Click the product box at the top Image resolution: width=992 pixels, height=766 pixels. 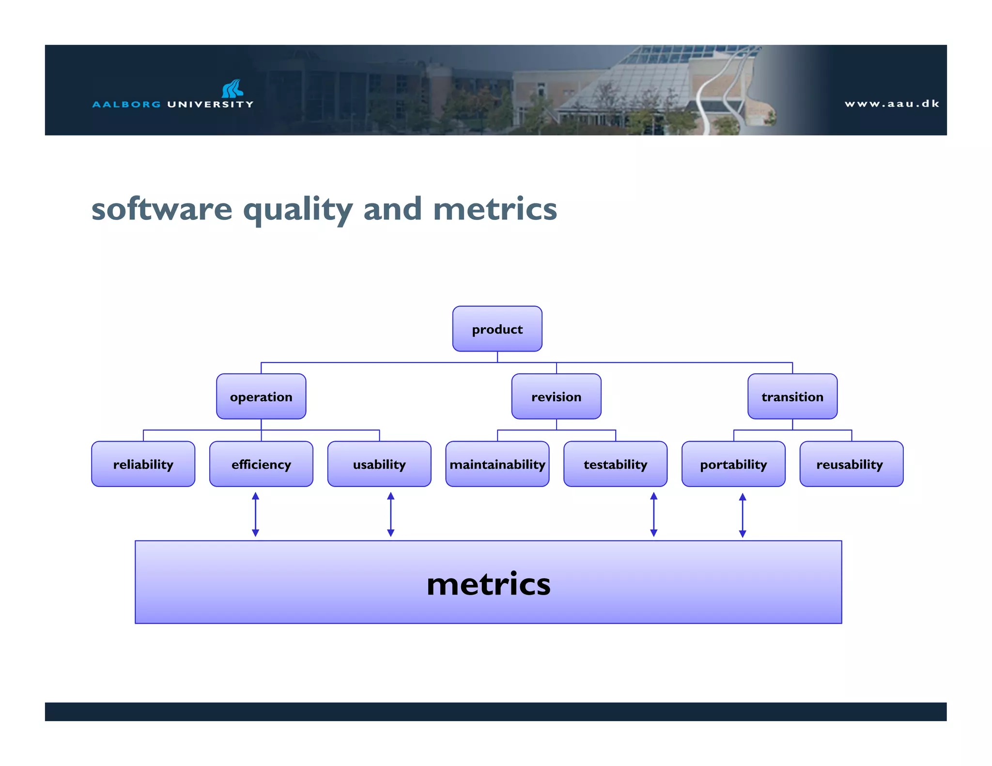[x=497, y=329]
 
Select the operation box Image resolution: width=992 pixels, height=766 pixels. [x=261, y=397]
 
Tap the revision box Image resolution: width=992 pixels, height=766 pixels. [x=556, y=397]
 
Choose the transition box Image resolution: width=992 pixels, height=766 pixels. [x=792, y=397]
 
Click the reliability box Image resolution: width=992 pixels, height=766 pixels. [x=143, y=464]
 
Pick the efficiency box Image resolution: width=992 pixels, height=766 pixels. [x=261, y=464]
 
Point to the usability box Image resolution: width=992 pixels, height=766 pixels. [x=379, y=464]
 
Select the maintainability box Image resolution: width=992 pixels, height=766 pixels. [x=497, y=464]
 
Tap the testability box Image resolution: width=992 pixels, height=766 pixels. [x=615, y=464]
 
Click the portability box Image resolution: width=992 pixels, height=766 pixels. [x=733, y=464]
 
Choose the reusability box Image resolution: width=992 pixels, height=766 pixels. [x=851, y=464]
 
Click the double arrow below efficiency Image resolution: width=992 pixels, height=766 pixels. [x=256, y=514]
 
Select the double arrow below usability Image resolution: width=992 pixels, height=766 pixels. [x=391, y=514]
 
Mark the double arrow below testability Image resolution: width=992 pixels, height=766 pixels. [x=653, y=514]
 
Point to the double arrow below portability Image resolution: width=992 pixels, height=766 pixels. [x=743, y=515]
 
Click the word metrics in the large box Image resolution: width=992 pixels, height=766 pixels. [x=488, y=583]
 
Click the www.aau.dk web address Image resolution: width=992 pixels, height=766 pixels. [x=892, y=104]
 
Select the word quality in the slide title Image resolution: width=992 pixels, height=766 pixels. [x=297, y=210]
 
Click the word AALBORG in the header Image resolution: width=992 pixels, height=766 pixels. [x=126, y=104]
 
